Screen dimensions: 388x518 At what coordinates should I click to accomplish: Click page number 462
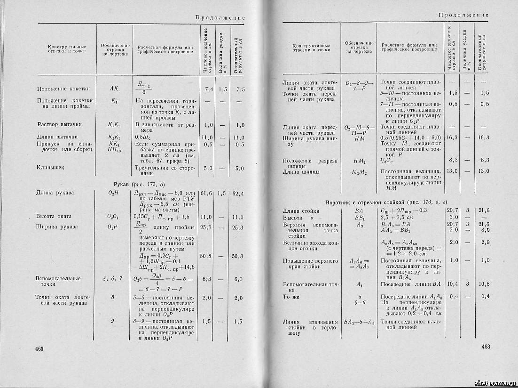(x=39, y=348)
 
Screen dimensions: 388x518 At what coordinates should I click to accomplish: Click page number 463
(x=486, y=347)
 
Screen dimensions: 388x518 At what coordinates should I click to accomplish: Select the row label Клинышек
(x=51, y=167)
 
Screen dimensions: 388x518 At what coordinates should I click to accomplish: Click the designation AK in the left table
(x=114, y=89)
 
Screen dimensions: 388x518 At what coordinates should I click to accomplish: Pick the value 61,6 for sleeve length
(x=207, y=193)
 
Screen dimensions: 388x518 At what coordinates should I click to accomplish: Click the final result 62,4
(x=238, y=193)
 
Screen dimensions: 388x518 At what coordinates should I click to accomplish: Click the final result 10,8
(x=484, y=284)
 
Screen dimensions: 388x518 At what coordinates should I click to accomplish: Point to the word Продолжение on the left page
(x=220, y=18)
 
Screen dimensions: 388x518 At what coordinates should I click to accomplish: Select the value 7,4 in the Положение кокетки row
(x=209, y=89)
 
